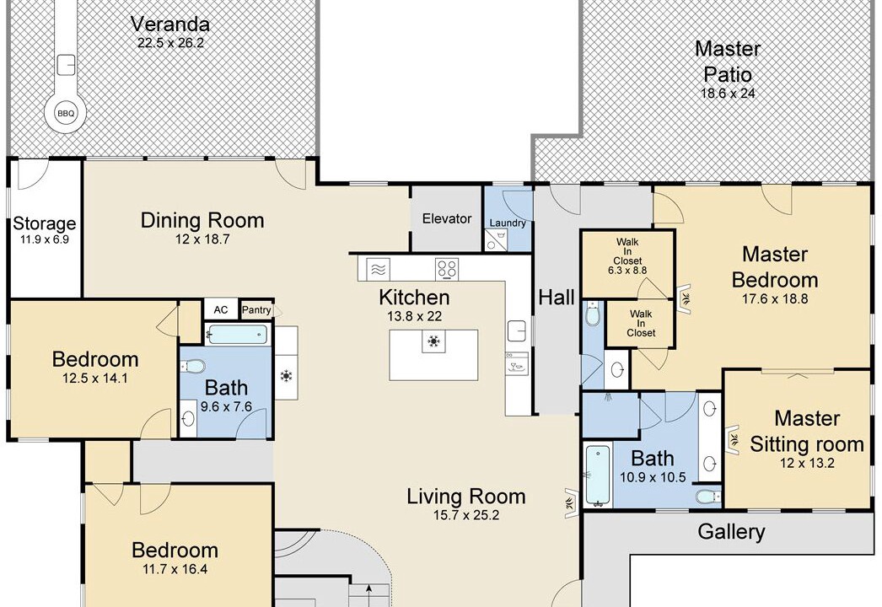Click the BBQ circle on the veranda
66,113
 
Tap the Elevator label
447,219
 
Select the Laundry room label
508,223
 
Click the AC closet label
221,310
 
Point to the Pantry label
256,310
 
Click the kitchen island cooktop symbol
433,341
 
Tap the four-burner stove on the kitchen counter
447,268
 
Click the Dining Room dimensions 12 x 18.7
202,239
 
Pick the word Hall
557,297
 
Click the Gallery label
731,532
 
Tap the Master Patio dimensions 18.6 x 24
728,94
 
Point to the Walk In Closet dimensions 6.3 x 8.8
627,270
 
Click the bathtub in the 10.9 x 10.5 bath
597,476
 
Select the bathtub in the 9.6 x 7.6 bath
236,336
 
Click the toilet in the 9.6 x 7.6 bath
192,367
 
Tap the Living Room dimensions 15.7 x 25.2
465,515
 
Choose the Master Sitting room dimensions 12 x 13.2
807,463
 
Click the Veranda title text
169,24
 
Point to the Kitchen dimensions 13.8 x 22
414,316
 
